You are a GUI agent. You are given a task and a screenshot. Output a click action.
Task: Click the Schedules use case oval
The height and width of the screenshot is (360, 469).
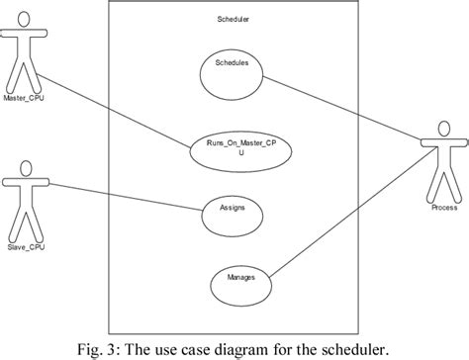(x=231, y=64)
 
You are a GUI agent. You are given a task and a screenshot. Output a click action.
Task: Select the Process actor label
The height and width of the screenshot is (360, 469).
(x=444, y=209)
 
